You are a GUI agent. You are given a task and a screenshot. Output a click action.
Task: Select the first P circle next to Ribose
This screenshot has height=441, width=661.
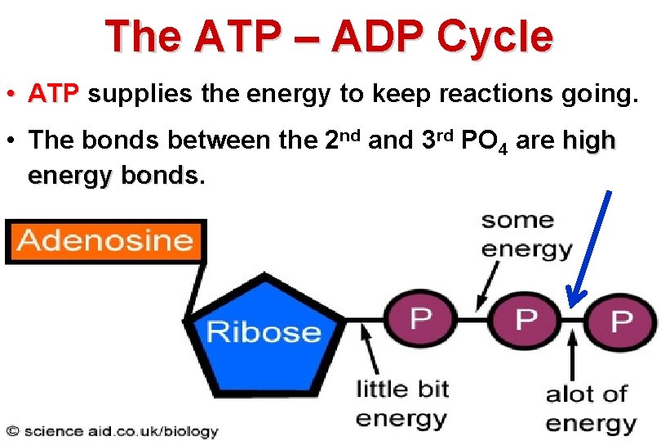point(421,318)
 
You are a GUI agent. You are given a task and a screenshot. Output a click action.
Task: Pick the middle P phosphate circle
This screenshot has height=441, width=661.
point(526,318)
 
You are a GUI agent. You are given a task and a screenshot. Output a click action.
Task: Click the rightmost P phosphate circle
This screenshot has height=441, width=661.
point(621,320)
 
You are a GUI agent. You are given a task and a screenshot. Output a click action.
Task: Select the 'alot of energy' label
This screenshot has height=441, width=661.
point(591,408)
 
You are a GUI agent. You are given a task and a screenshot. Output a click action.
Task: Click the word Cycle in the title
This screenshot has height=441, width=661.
point(495,37)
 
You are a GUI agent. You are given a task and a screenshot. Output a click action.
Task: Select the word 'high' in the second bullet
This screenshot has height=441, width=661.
point(588,140)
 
